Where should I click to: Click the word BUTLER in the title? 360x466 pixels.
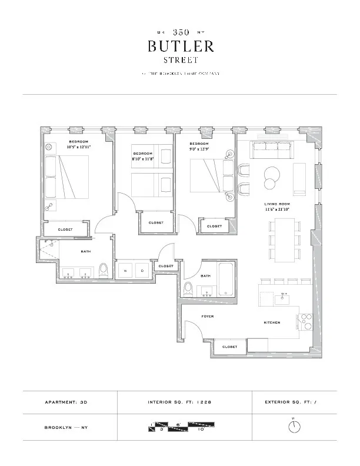[180, 46]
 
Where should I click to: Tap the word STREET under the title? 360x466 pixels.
[180, 59]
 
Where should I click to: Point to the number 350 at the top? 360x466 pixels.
[180, 32]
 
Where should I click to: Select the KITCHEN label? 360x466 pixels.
[271, 323]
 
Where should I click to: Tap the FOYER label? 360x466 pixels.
[208, 317]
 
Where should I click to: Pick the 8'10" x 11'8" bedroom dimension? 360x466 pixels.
[142, 158]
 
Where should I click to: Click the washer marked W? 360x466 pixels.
[125, 271]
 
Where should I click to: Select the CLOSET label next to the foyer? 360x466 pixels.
[229, 347]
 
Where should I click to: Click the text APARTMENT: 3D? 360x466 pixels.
[69, 402]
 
